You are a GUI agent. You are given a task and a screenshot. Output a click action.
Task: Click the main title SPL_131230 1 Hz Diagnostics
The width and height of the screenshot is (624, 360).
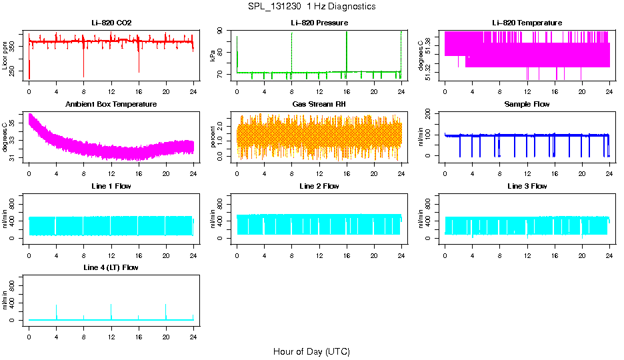311,6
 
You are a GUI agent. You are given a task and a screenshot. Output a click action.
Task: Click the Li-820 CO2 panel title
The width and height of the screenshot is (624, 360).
111,23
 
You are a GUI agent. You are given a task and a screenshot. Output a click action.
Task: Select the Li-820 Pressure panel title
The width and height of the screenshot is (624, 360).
319,23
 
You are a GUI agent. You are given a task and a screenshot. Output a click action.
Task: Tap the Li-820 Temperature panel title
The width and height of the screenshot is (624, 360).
527,23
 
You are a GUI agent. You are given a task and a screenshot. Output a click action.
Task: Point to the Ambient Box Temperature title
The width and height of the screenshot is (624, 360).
111,105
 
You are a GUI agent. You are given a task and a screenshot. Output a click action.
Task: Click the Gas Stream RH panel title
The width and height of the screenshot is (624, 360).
319,105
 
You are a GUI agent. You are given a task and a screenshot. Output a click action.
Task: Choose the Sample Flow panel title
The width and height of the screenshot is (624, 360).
527,105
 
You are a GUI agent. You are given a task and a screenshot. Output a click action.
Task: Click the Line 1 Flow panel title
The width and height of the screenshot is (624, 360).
111,186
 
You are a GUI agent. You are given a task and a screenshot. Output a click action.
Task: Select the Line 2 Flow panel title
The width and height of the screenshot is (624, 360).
319,186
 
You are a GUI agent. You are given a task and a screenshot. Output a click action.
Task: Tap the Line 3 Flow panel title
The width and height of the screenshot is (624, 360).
527,186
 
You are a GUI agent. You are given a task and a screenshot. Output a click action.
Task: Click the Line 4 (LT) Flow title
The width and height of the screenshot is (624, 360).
111,267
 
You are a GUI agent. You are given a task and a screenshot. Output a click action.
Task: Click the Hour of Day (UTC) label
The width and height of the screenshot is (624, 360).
311,351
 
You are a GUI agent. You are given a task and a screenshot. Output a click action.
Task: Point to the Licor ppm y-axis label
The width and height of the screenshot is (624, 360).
5,56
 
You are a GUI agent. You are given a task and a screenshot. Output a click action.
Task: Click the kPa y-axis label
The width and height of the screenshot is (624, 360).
213,56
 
